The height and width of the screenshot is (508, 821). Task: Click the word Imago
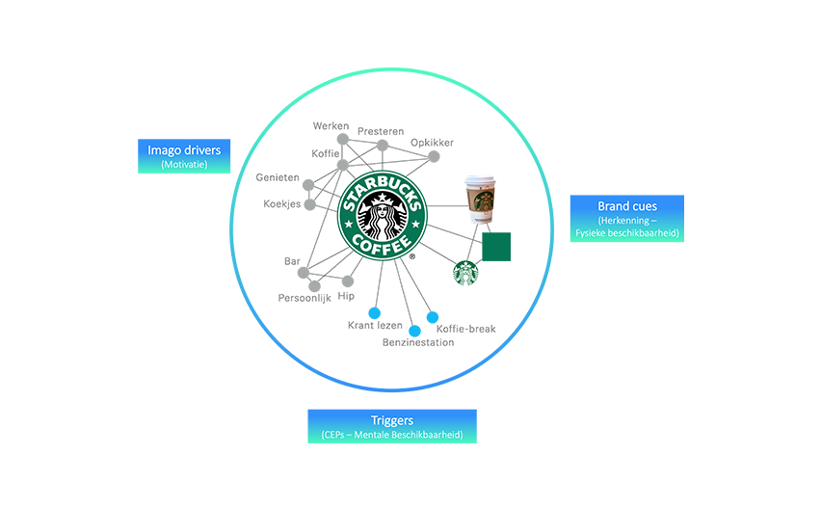tap(166, 150)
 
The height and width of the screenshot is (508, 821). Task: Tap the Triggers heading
tap(392, 420)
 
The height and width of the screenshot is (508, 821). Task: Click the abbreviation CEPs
tap(338, 435)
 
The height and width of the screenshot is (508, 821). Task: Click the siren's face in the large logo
tap(384, 207)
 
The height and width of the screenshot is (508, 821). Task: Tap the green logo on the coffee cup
tap(481, 200)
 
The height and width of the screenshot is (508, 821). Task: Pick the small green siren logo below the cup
tap(466, 273)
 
